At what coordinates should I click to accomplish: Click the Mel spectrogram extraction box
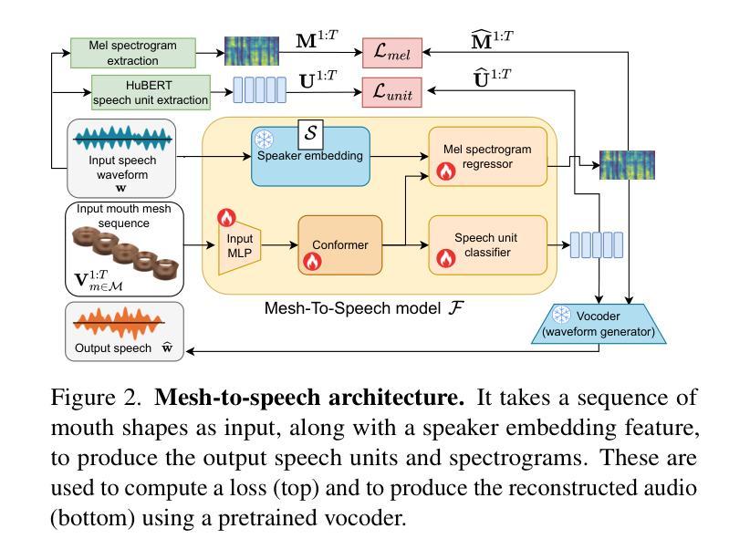(x=133, y=53)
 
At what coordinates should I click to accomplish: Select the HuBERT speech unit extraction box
(x=151, y=92)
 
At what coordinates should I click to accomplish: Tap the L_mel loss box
(x=392, y=53)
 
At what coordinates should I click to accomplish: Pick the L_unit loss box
(x=391, y=92)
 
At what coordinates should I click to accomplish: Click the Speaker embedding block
(x=310, y=156)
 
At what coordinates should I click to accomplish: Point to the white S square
(x=310, y=133)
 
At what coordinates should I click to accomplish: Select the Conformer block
(x=340, y=244)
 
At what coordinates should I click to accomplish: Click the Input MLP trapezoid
(x=239, y=246)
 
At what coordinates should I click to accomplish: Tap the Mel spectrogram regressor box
(x=487, y=156)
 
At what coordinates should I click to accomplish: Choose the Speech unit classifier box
(x=487, y=244)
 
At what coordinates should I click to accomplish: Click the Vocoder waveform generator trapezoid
(x=599, y=324)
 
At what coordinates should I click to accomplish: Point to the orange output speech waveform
(x=118, y=322)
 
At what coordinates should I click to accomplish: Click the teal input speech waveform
(x=122, y=139)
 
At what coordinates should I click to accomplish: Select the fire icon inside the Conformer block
(x=312, y=261)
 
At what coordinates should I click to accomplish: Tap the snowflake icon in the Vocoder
(x=561, y=315)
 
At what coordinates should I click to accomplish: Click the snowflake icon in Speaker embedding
(x=264, y=140)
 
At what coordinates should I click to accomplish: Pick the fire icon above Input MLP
(x=226, y=218)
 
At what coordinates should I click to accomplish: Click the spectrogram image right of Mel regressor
(x=627, y=165)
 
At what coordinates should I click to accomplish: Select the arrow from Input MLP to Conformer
(x=279, y=245)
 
